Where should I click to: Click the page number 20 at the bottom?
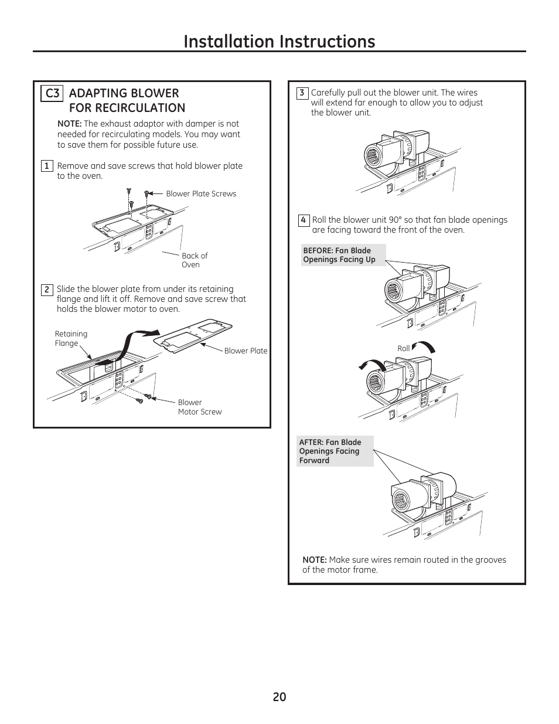point(279,696)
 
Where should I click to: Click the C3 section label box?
point(52,93)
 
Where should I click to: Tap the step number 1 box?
point(47,166)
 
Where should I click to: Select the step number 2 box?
point(47,290)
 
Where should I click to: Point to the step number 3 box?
point(302,93)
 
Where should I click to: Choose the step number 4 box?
point(303,220)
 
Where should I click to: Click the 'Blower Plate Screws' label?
point(201,194)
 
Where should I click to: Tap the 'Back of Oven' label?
point(194,260)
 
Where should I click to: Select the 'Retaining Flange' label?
point(71,339)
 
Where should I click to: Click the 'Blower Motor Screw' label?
point(200,407)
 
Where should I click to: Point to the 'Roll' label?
point(403,348)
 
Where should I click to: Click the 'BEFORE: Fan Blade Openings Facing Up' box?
point(343,255)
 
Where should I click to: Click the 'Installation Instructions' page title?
point(279,41)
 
